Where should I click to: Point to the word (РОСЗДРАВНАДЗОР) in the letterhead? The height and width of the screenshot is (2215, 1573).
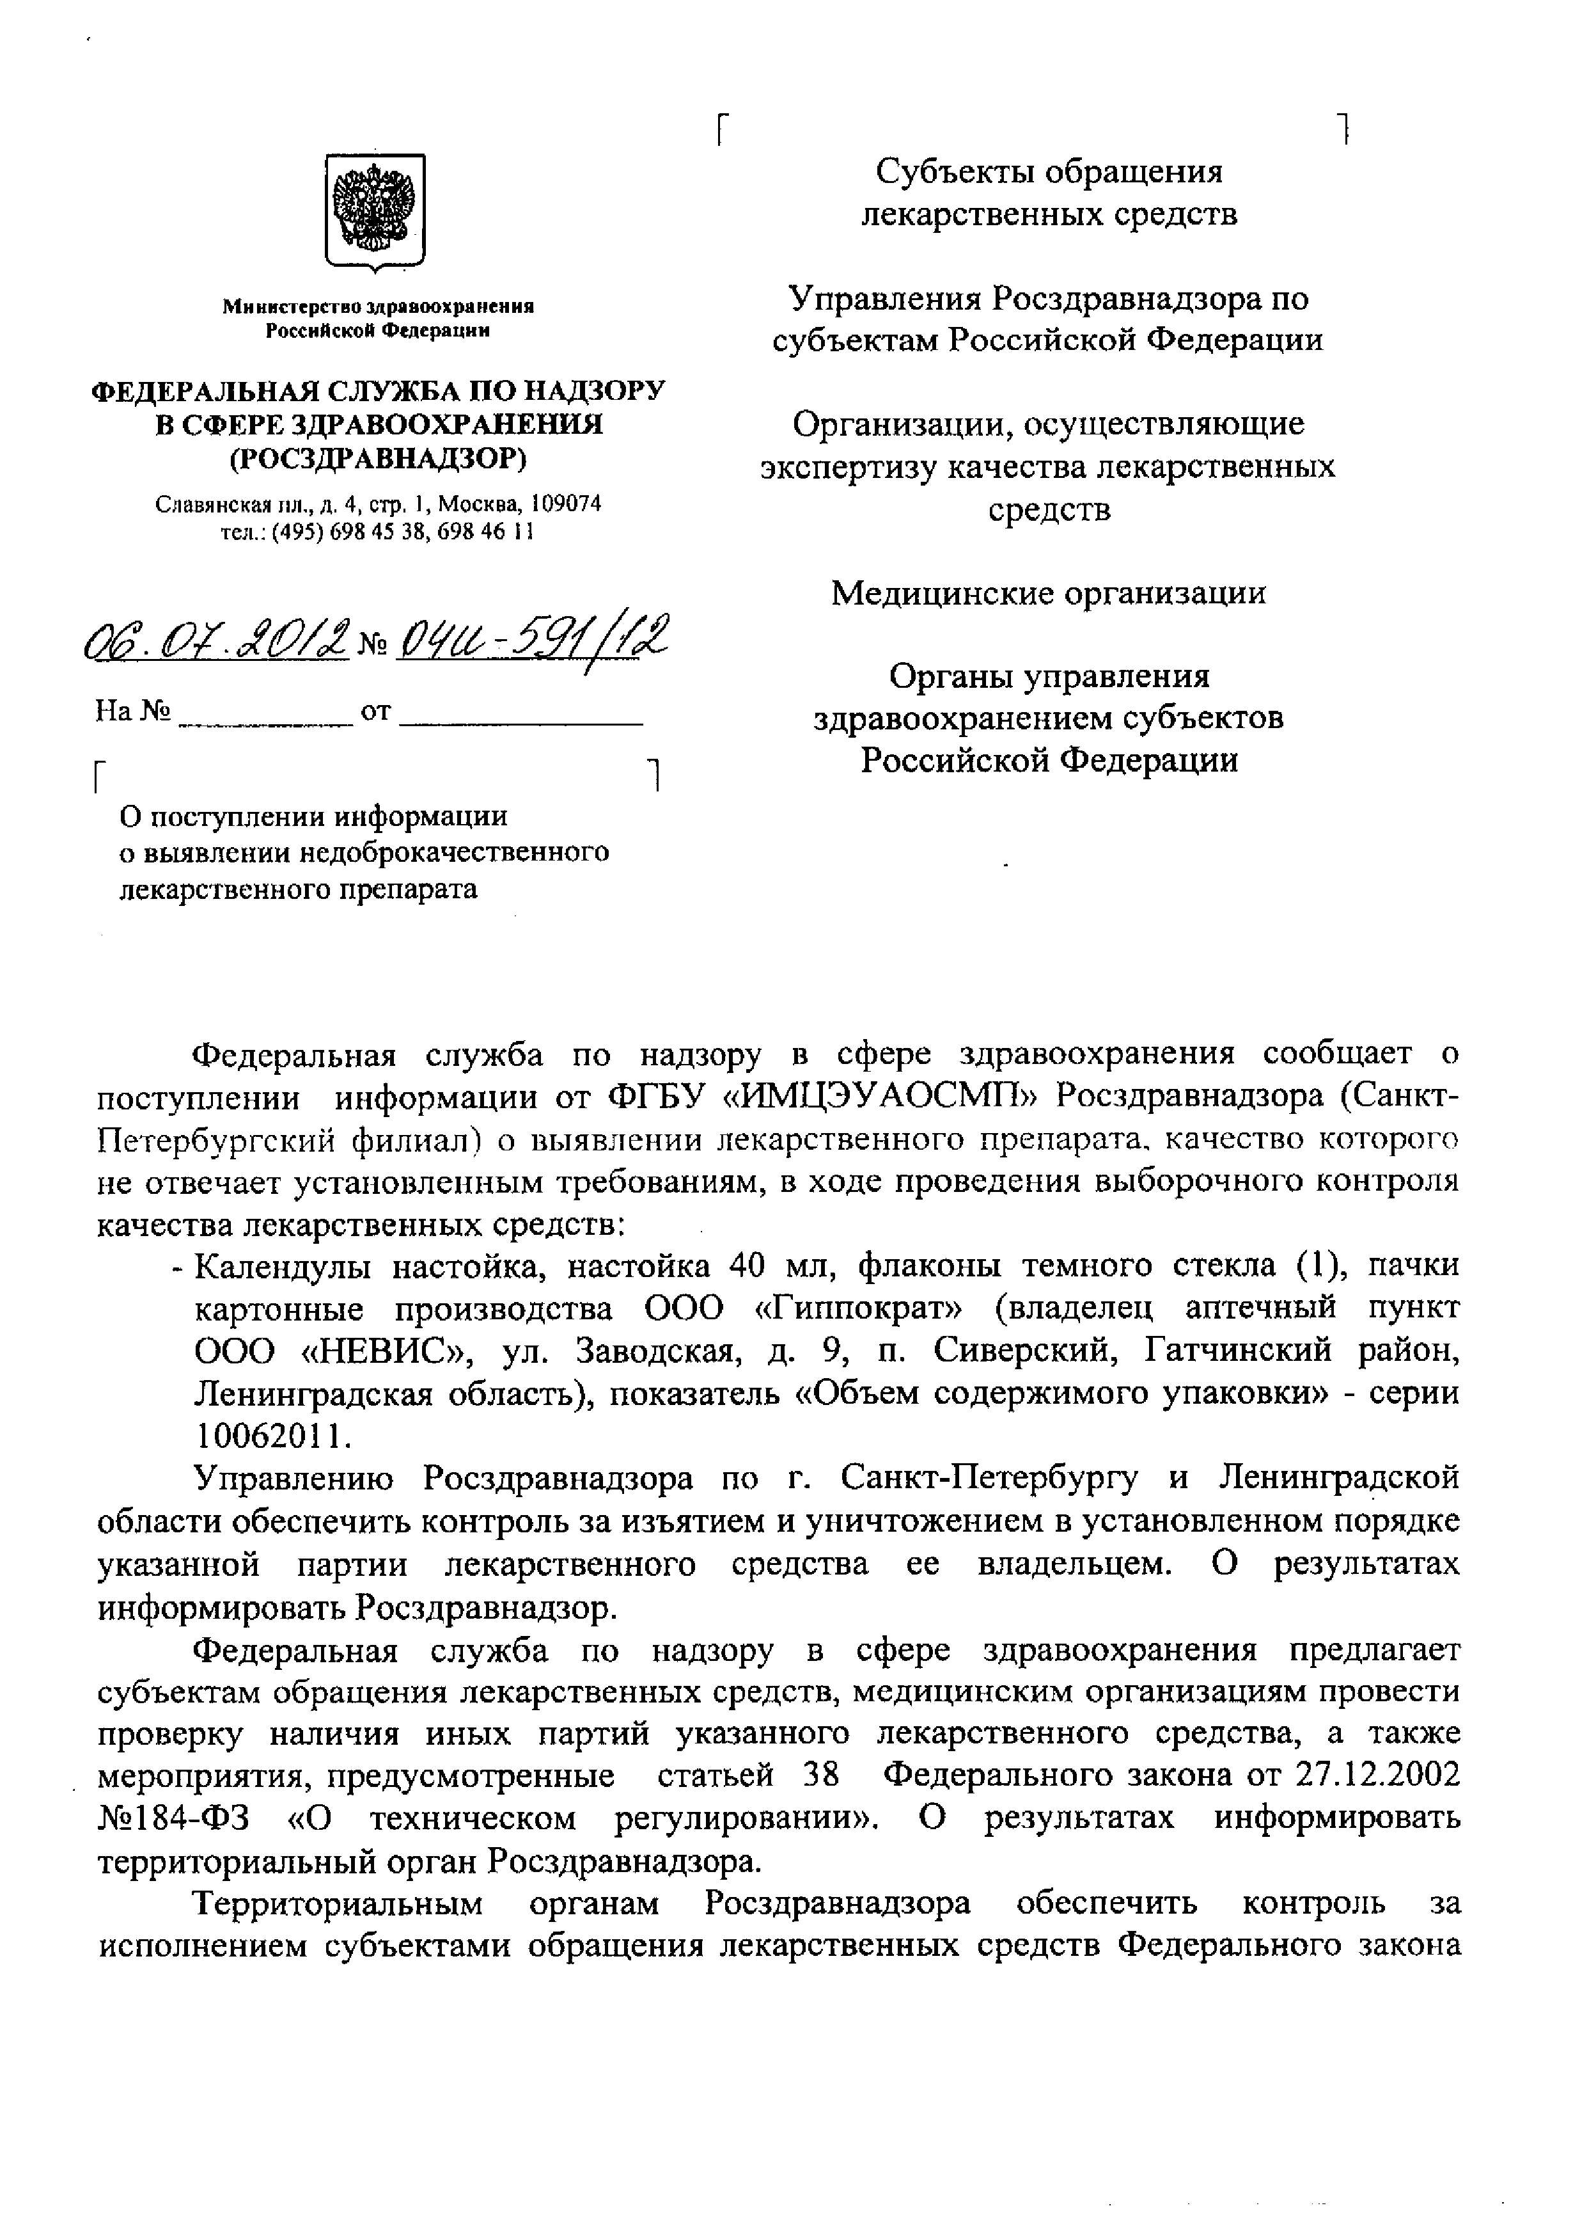click(x=378, y=458)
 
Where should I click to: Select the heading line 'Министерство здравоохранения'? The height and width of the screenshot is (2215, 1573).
click(x=379, y=306)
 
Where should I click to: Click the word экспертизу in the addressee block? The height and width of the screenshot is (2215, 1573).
click(x=849, y=467)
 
